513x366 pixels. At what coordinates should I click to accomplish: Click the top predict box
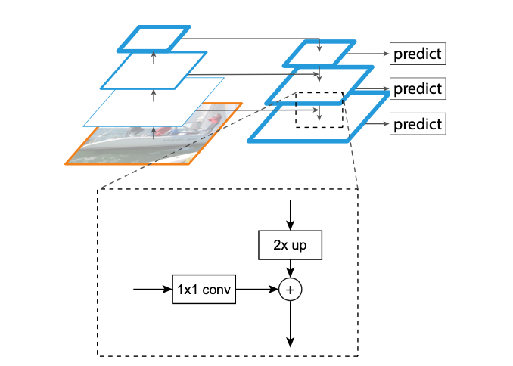416,54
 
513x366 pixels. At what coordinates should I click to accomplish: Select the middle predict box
416,88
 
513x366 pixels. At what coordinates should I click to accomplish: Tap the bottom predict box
416,123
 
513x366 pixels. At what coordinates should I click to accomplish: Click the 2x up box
289,245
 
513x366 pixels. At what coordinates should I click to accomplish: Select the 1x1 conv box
204,289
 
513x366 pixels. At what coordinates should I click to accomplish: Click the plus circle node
290,289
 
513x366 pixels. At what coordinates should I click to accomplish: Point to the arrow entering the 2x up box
289,216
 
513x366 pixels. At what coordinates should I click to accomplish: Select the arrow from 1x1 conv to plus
257,289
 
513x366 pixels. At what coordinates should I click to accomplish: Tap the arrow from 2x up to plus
290,268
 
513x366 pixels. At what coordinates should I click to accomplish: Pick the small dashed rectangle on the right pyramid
319,110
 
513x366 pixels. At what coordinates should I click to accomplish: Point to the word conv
216,289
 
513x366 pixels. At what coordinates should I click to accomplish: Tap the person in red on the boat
214,119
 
